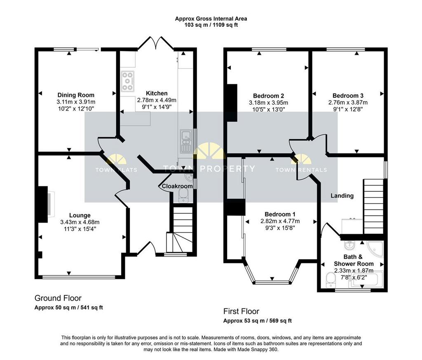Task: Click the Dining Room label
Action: pyautogui.click(x=76, y=95)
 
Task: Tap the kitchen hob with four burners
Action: pyautogui.click(x=127, y=81)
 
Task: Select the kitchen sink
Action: pyautogui.click(x=185, y=141)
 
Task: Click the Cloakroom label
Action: pyautogui.click(x=177, y=186)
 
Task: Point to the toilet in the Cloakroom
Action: pyautogui.click(x=183, y=195)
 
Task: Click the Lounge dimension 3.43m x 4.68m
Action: pyautogui.click(x=80, y=222)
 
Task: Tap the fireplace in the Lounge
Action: pyautogui.click(x=46, y=204)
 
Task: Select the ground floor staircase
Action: pyautogui.click(x=180, y=229)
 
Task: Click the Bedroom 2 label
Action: pyautogui.click(x=268, y=96)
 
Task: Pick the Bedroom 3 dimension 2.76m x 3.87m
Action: pyautogui.click(x=348, y=103)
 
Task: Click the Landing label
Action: pyautogui.click(x=342, y=196)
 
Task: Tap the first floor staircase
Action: pyautogui.click(x=373, y=206)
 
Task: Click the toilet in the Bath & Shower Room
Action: pyautogui.click(x=330, y=280)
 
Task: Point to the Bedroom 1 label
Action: pyautogui.click(x=280, y=214)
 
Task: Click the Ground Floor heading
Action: pyautogui.click(x=58, y=298)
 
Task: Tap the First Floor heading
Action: pyautogui.click(x=241, y=311)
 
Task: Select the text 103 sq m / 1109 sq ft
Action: pyautogui.click(x=211, y=25)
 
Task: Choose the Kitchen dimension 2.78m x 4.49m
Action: pyautogui.click(x=157, y=100)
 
